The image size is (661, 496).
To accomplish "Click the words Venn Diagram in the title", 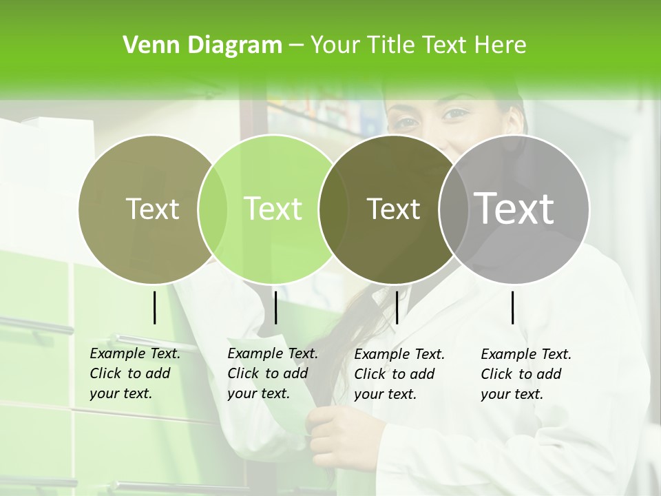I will pos(202,45).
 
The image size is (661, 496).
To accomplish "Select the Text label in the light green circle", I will pos(273,209).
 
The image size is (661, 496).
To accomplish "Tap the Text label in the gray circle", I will pos(514,208).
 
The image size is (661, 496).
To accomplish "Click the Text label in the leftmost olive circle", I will pos(152,209).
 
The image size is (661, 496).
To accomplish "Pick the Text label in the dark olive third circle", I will pos(393,209).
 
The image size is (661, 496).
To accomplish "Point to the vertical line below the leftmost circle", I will pos(154,307).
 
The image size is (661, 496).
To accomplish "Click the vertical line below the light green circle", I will pos(275,307).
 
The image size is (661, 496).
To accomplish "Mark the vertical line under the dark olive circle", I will pos(397,307).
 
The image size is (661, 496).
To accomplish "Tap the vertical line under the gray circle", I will pos(513,307).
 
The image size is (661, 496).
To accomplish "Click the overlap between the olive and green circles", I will pos(213,209).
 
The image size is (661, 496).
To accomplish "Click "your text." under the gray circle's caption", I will pos(512,394).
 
